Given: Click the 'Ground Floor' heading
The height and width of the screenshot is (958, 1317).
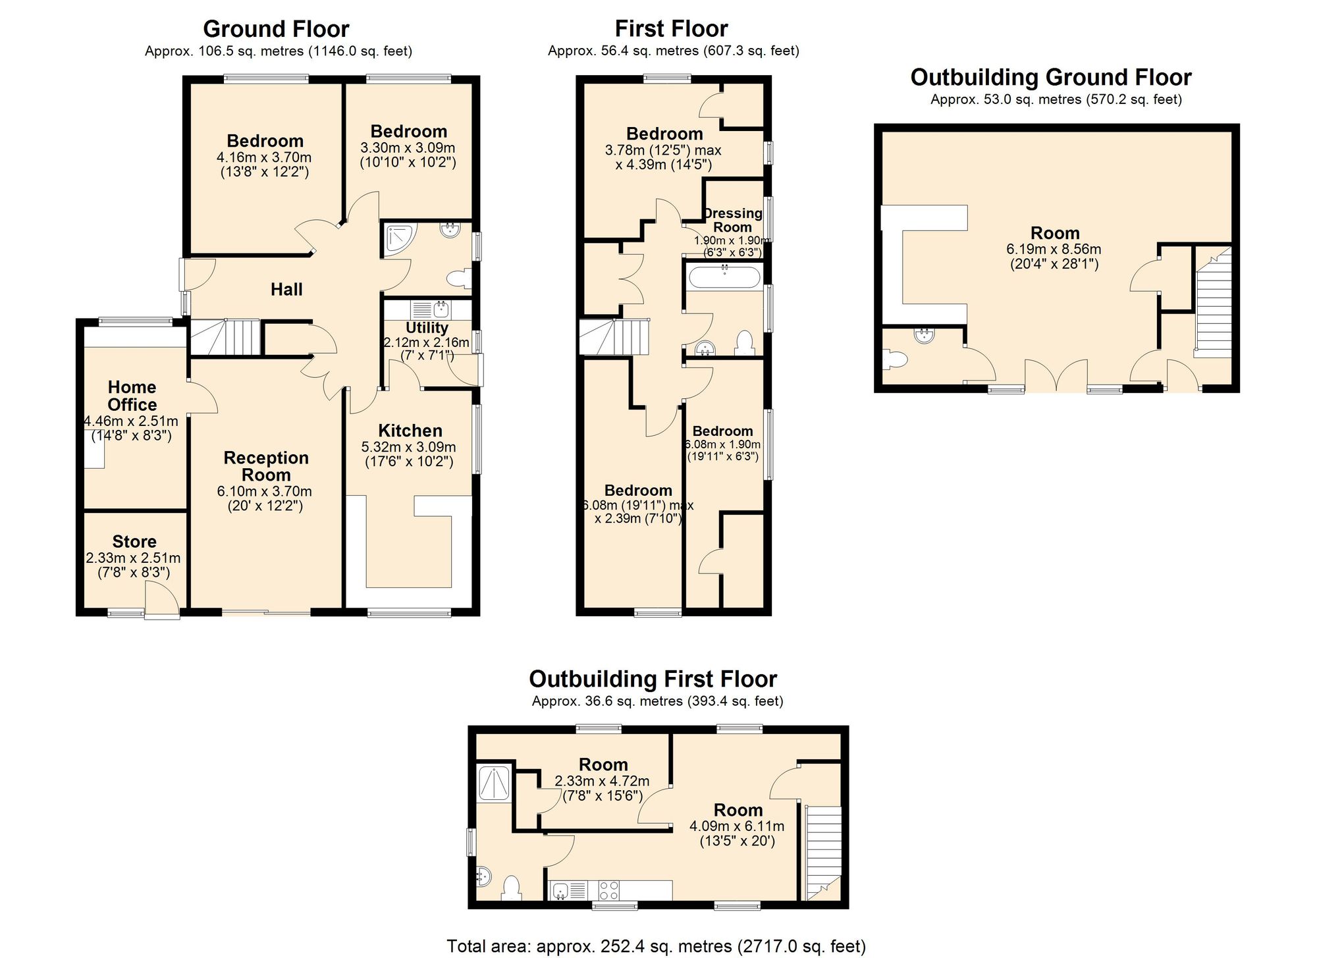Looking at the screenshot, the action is [x=276, y=29].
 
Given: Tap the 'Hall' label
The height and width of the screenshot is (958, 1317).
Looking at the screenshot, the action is [x=286, y=289].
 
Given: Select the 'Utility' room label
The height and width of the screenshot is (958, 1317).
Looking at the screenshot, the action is [x=427, y=327].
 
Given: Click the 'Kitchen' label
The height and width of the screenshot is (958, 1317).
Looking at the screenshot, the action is [x=410, y=431].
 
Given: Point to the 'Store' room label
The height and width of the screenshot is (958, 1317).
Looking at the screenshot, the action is [x=134, y=542].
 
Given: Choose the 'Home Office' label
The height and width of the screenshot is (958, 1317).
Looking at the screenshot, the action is [x=132, y=396].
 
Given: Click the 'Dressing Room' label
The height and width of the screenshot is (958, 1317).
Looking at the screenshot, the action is [x=732, y=220].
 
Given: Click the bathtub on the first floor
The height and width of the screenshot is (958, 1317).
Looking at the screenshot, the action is [x=724, y=276].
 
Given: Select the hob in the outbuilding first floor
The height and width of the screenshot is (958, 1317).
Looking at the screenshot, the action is [x=609, y=890].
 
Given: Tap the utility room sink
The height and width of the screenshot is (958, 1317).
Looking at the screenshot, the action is [x=428, y=309].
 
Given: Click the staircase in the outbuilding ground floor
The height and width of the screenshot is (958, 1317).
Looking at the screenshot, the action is [x=1213, y=303].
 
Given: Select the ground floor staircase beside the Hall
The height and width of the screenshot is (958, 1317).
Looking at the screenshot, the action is [x=225, y=338].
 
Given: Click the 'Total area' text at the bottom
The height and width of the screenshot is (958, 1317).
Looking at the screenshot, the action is [x=656, y=947].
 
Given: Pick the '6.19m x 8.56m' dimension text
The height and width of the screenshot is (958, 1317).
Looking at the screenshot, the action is [x=1054, y=250].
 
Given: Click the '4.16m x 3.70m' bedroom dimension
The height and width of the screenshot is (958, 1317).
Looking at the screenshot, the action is [x=264, y=157].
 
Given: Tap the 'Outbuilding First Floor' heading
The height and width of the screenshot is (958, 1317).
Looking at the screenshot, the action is [x=653, y=679].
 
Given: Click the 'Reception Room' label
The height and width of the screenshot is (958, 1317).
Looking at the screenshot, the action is [x=266, y=466].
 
